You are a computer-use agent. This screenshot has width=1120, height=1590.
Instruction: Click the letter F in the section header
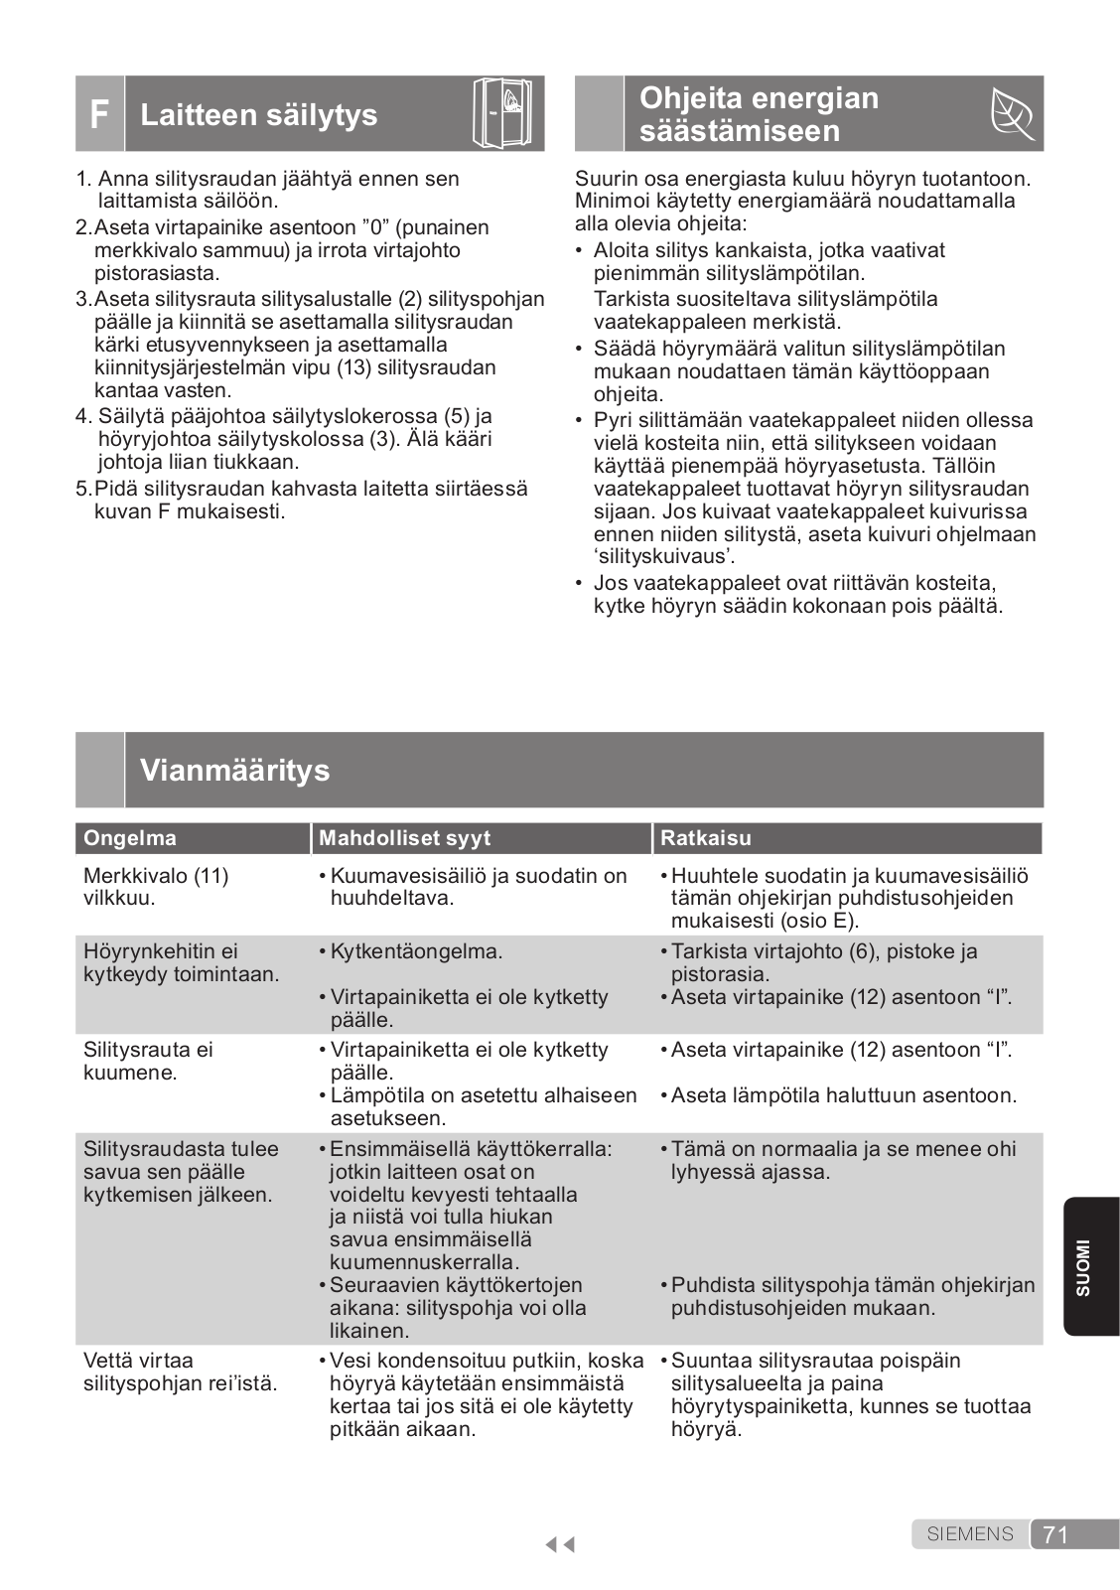[99, 115]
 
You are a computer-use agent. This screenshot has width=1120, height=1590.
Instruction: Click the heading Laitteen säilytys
[259, 115]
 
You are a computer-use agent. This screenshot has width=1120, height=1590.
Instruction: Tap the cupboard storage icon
[506, 113]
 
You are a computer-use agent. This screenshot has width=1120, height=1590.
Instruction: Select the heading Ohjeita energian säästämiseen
[759, 114]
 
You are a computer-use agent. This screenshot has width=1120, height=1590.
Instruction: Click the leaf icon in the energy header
[1013, 115]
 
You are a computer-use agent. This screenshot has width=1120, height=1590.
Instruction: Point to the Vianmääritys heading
[235, 771]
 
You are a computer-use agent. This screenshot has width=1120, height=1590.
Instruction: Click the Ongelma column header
[130, 838]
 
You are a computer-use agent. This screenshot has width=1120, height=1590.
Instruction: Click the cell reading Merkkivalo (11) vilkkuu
[156, 887]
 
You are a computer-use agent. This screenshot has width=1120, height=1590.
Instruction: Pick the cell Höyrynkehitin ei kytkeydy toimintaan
[181, 962]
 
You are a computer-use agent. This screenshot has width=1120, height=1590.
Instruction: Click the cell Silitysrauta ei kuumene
[148, 1061]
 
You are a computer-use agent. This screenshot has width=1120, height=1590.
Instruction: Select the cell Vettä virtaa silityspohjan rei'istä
[180, 1372]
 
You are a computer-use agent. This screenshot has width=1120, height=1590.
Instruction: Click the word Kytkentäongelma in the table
[416, 951]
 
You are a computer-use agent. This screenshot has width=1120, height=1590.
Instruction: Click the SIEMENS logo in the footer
[970, 1534]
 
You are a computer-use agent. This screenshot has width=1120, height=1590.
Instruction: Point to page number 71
[1055, 1535]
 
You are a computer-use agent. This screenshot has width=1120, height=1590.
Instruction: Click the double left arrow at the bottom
[560, 1544]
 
